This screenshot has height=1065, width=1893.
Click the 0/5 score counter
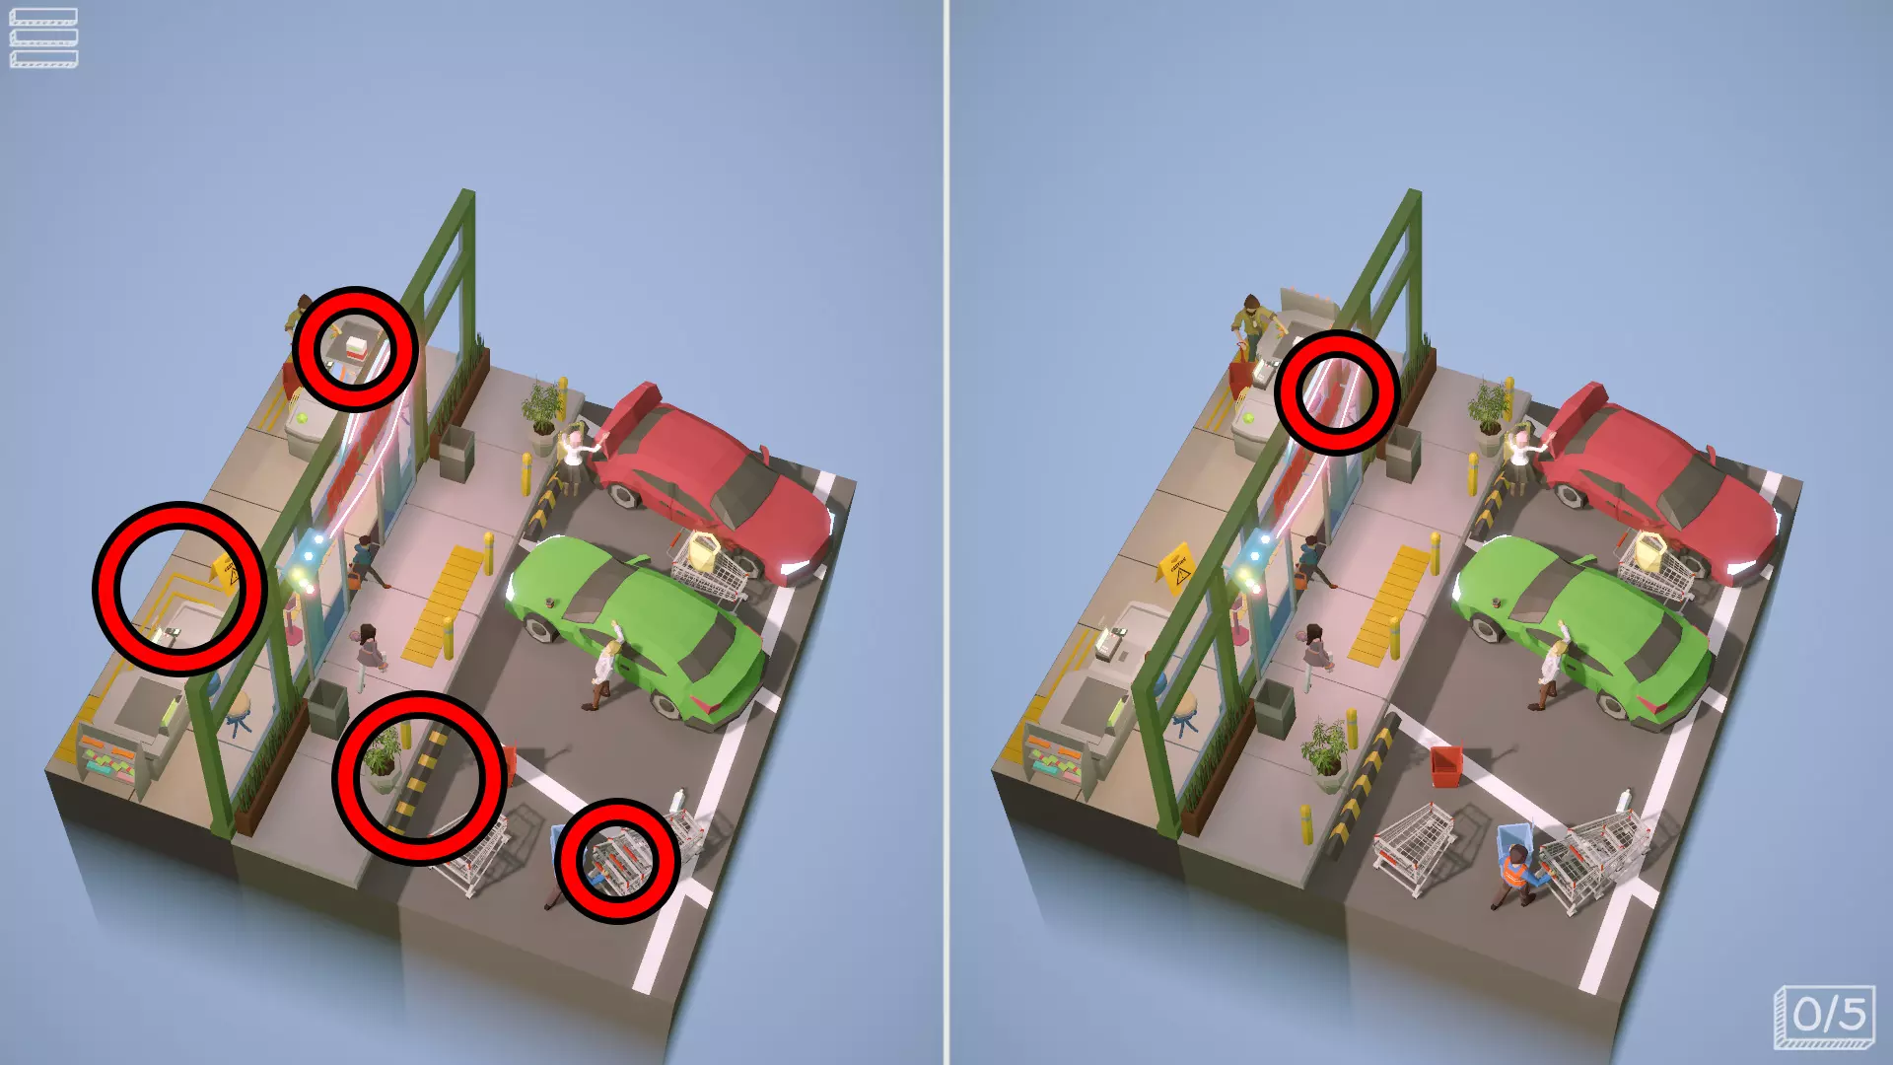point(1824,1016)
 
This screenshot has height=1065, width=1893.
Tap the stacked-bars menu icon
point(43,38)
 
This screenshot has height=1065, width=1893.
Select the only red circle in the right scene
point(1337,391)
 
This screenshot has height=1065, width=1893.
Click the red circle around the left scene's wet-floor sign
point(179,588)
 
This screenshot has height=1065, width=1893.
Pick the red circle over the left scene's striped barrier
point(419,778)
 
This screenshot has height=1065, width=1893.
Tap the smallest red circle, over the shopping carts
point(617,861)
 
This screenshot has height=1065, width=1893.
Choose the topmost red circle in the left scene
point(355,349)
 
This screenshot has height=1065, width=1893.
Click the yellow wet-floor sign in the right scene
point(1177,568)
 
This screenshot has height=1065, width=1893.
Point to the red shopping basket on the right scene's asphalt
point(1446,766)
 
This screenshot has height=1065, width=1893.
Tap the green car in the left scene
point(637,628)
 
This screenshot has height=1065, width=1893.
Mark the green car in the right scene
point(1583,628)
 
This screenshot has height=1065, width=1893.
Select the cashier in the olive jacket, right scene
point(1250,324)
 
